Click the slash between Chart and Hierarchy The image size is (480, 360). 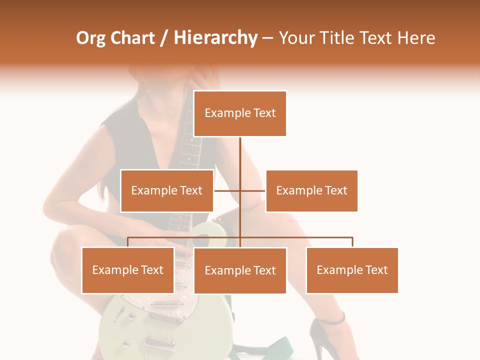164,38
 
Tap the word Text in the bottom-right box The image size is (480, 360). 376,270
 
